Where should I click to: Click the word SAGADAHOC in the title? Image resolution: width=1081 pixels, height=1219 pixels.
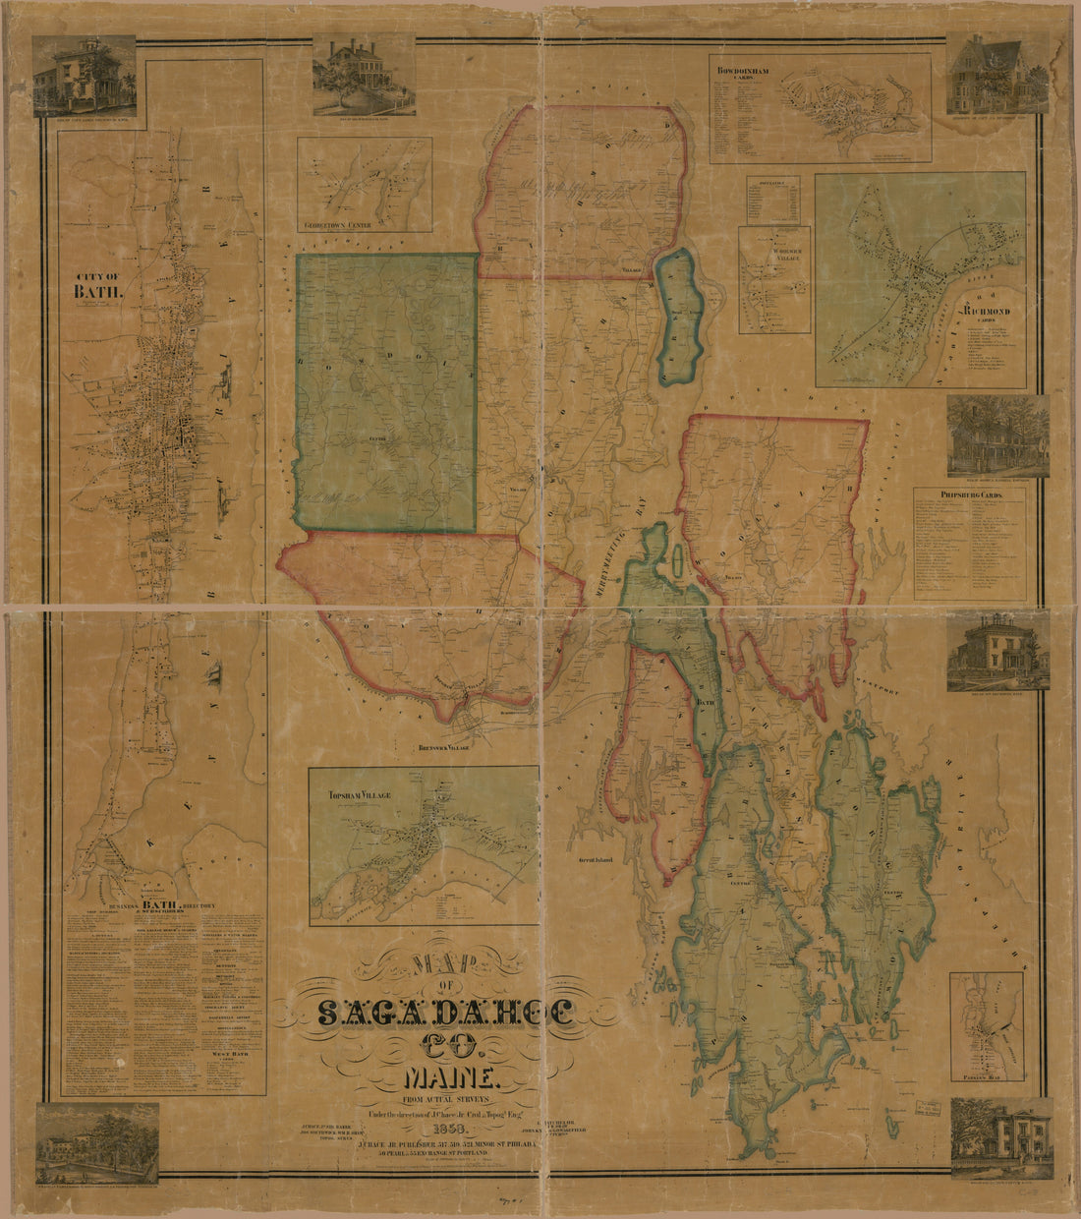(446, 1014)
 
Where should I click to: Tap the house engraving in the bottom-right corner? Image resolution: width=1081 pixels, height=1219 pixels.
(1001, 1137)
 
